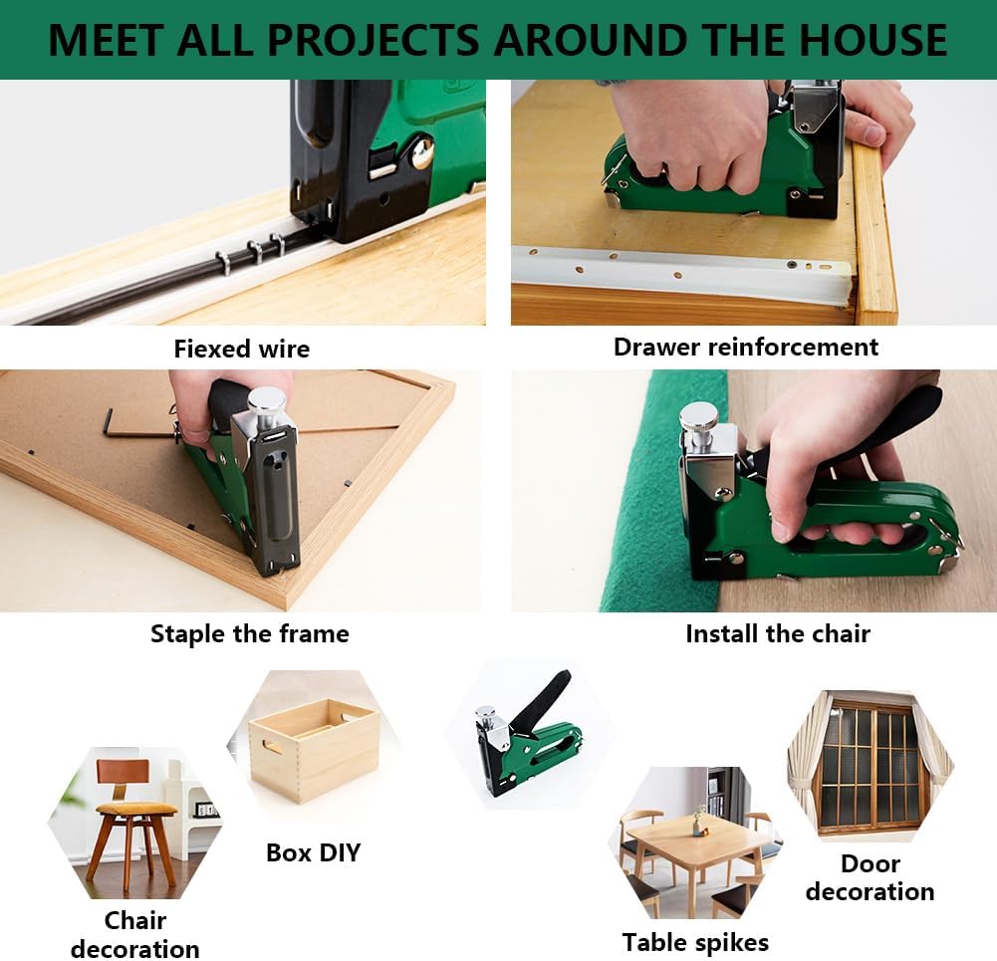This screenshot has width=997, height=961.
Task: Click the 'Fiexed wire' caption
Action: point(241,349)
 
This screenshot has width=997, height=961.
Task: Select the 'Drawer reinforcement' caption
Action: point(746,347)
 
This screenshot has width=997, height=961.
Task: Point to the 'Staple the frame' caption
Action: point(249,633)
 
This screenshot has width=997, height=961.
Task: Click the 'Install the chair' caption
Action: point(778,633)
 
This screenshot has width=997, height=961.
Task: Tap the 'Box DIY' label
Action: point(313,852)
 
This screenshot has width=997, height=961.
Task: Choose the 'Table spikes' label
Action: point(695,942)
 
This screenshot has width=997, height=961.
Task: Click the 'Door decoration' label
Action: point(870,877)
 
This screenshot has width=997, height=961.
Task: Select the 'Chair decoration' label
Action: point(135,934)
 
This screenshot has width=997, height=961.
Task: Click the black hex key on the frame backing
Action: point(118,422)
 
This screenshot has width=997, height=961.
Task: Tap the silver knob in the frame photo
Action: point(266,401)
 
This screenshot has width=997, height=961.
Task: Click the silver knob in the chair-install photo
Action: point(699,416)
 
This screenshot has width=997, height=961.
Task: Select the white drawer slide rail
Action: point(677,271)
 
